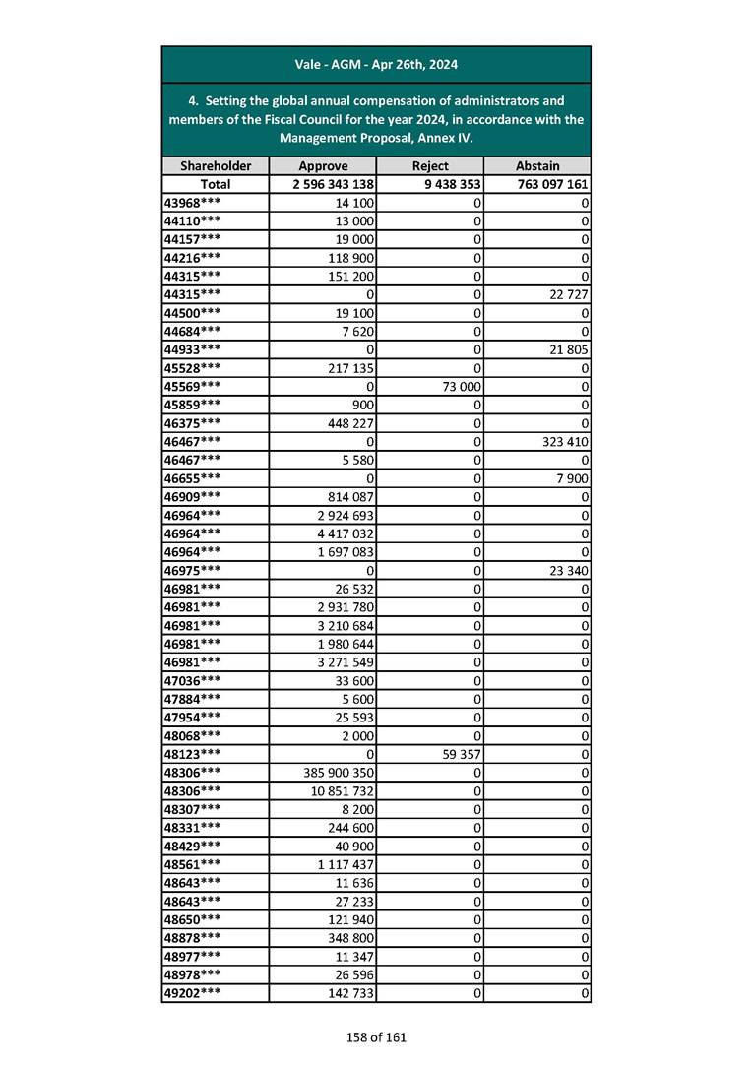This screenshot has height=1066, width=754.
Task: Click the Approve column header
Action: coord(323,166)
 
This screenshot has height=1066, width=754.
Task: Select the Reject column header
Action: coord(430,166)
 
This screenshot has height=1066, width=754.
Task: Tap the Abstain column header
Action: coord(537,166)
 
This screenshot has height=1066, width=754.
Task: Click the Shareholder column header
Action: coord(216,166)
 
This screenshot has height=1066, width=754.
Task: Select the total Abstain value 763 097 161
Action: coord(551,184)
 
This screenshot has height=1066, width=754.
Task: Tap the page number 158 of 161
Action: coord(376,1036)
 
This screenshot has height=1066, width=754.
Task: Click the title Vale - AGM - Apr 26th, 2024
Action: coord(376,65)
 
